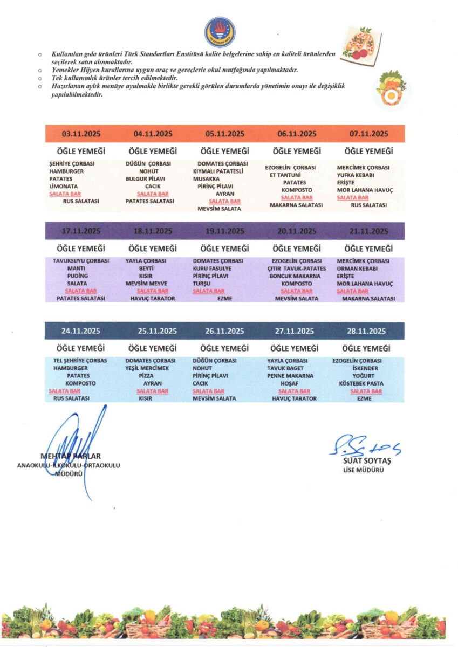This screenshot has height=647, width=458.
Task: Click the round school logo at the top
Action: point(220,32)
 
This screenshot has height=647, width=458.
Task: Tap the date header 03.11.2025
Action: point(81,134)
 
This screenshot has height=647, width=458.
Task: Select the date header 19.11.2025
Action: point(224,231)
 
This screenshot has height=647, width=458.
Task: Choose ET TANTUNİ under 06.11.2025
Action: point(285,175)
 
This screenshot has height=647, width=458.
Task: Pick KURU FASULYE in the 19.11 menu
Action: point(212,268)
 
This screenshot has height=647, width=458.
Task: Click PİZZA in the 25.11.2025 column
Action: point(146,375)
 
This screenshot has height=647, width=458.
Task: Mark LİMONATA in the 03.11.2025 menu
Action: point(63,185)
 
